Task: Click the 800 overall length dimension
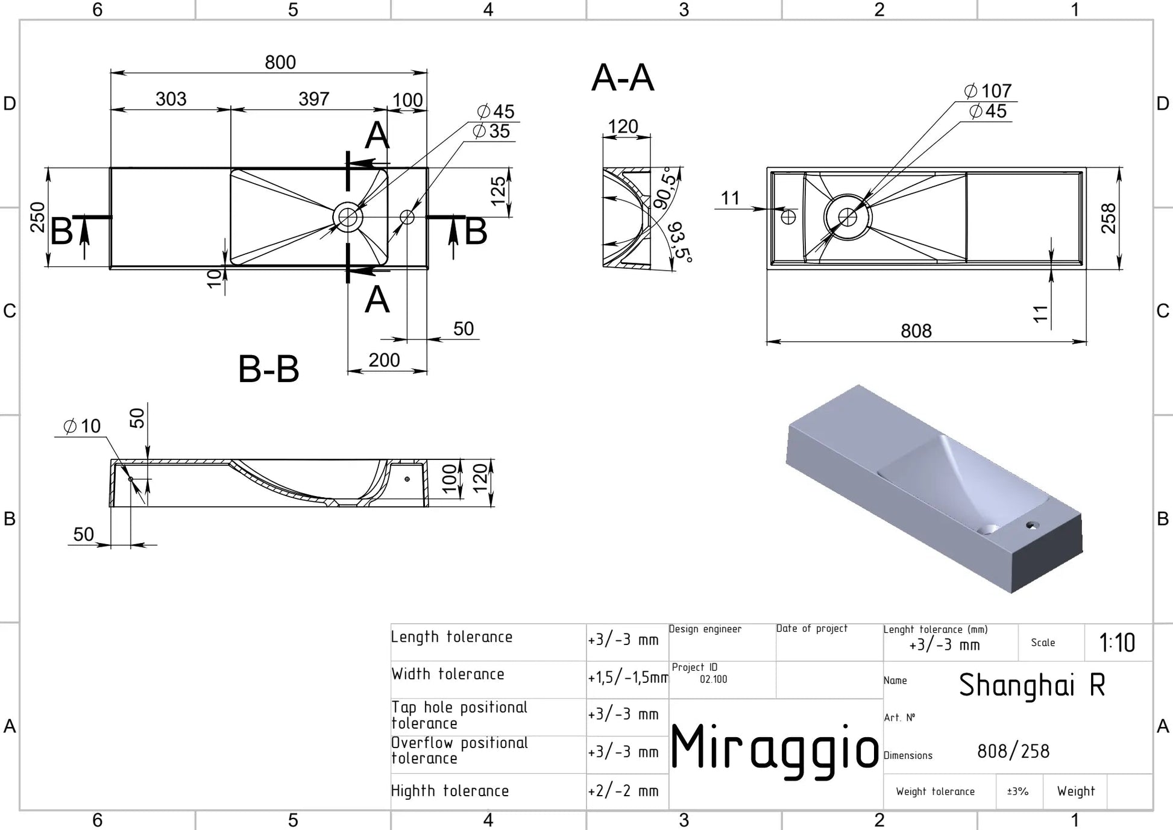[x=280, y=62]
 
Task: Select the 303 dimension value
[x=171, y=99]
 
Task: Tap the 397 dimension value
[x=314, y=99]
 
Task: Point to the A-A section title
[x=623, y=78]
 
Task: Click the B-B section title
[x=269, y=369]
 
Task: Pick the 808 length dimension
[x=916, y=331]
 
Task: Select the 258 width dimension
[x=1109, y=218]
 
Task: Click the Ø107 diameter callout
[x=988, y=91]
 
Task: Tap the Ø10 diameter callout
[x=82, y=426]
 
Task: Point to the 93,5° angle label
[x=680, y=241]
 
